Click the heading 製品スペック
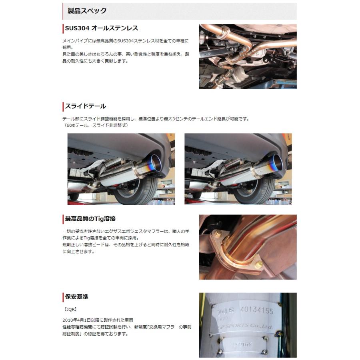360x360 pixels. [x=87, y=11]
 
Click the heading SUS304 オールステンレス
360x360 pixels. [x=101, y=28]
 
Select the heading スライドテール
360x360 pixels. [x=85, y=106]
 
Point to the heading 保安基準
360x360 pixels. [x=76, y=297]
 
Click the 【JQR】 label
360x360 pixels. [x=70, y=309]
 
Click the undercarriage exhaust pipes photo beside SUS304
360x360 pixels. [x=248, y=56]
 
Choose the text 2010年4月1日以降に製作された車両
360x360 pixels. [x=98, y=320]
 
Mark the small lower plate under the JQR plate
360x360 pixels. [x=240, y=344]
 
